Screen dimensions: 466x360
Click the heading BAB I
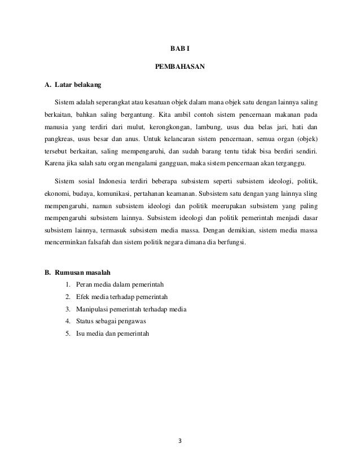(x=181, y=49)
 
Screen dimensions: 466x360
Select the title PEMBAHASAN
(x=180, y=68)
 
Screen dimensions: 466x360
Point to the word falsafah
(x=107, y=244)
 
